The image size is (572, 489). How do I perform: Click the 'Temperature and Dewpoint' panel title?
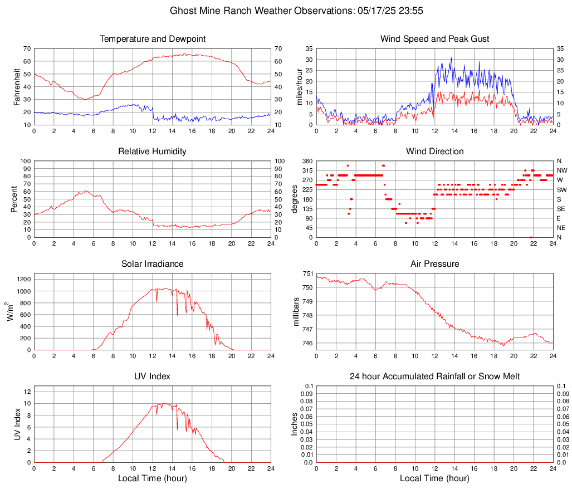click(x=152, y=39)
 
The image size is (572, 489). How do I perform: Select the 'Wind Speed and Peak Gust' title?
click(x=434, y=39)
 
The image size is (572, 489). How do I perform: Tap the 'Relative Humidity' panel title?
click(x=152, y=151)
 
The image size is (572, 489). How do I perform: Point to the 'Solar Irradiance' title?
click(x=152, y=264)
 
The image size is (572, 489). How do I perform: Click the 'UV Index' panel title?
click(x=152, y=376)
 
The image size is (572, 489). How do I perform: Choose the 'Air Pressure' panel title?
click(x=434, y=264)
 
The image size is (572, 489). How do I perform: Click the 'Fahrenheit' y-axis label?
click(x=17, y=86)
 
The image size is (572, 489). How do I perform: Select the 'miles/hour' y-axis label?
click(x=299, y=86)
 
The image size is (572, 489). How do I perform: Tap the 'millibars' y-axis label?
click(x=296, y=311)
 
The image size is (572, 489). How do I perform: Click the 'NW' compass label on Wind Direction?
click(x=561, y=170)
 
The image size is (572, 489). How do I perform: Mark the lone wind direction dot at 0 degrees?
click(x=531, y=237)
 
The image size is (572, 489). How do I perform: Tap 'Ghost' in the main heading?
click(x=182, y=11)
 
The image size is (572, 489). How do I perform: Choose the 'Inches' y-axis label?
click(x=295, y=424)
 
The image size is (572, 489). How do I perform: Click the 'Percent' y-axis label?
click(x=14, y=199)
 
